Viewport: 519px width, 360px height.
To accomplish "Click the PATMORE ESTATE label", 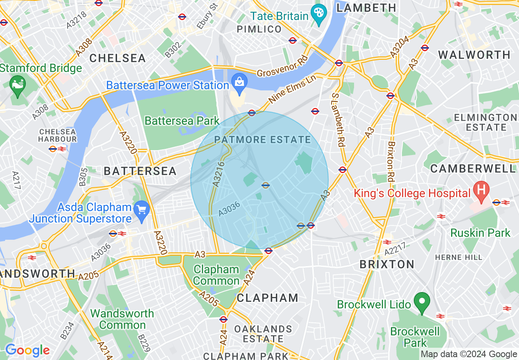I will coord(262,140).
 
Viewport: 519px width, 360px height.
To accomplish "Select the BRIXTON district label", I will coord(387,264).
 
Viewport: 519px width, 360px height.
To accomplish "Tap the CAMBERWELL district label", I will coord(473,169).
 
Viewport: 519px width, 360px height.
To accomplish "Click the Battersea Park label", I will coord(182,121).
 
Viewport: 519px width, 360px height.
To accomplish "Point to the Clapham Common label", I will coord(216,275).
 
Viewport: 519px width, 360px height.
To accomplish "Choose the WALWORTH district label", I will coord(474,55).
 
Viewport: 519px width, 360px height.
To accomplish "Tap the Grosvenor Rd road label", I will coord(282,68).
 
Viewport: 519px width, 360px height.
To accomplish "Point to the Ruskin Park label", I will coord(480,233).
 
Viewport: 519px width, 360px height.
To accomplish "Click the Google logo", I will coord(27,350).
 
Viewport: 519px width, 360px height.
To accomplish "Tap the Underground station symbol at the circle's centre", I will coord(266,185).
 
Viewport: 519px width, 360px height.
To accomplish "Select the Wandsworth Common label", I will coord(122,319).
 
